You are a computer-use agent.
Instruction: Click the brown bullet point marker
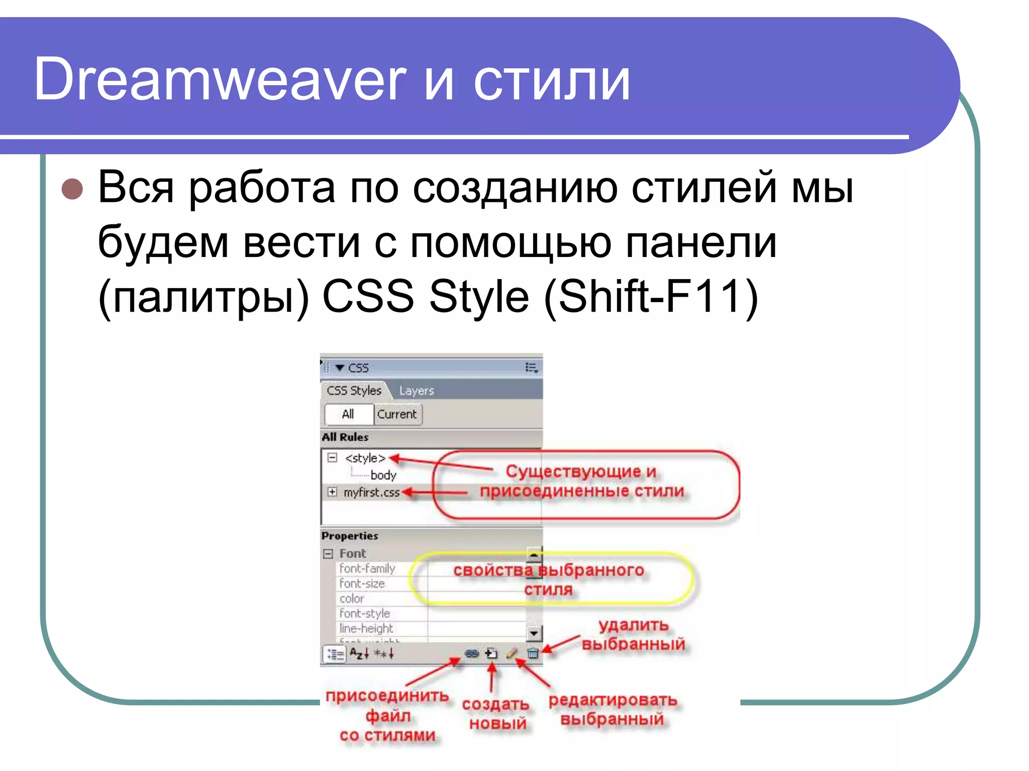click(72, 189)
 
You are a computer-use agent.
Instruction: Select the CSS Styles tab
click(354, 391)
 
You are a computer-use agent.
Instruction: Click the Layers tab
click(416, 391)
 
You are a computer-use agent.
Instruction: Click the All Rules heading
click(345, 437)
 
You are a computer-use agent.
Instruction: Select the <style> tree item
click(365, 458)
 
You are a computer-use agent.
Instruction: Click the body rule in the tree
click(383, 475)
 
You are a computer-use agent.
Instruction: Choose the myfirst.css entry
click(371, 492)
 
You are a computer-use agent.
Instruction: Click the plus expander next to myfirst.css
click(332, 492)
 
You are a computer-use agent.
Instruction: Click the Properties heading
click(350, 536)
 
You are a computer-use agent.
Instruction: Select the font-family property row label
click(367, 569)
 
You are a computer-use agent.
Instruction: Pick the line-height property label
click(366, 628)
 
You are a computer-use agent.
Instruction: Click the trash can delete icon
click(533, 654)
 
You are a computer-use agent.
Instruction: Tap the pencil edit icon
click(511, 654)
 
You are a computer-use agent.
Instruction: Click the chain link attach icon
click(471, 654)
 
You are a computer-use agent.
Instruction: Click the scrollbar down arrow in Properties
click(534, 634)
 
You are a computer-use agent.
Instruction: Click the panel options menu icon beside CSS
click(532, 368)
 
